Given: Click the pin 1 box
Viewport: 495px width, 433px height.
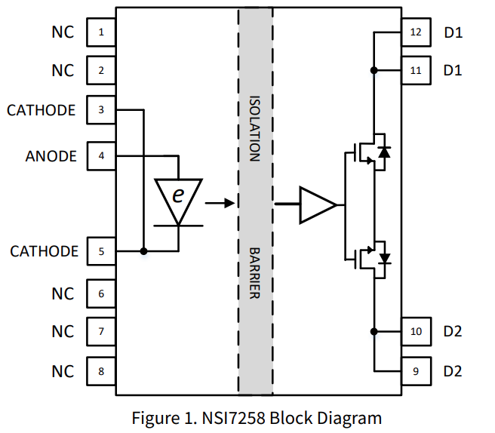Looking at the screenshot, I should click(x=101, y=32).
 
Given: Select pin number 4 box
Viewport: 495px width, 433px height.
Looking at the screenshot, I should click(x=101, y=156).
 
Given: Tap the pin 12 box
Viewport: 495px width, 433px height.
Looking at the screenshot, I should click(x=416, y=32).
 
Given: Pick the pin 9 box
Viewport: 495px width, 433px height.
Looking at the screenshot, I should click(x=416, y=371).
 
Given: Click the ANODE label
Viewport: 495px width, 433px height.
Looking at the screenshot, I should click(x=51, y=156).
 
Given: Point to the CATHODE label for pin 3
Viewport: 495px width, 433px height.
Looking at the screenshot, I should click(x=42, y=110).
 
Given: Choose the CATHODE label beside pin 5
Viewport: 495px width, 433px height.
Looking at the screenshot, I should click(x=44, y=251).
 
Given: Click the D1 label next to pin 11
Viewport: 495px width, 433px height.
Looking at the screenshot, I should click(x=453, y=70).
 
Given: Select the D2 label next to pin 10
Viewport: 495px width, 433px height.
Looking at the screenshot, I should click(x=453, y=331).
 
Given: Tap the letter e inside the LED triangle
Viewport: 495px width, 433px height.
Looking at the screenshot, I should click(x=178, y=195).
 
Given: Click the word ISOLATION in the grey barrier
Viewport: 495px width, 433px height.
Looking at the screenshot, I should click(x=254, y=128).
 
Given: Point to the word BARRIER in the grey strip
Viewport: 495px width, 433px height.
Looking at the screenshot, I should click(x=254, y=272).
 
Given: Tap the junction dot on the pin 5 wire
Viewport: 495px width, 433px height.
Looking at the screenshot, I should click(x=144, y=251).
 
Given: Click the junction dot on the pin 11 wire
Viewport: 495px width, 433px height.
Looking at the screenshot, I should click(x=374, y=70).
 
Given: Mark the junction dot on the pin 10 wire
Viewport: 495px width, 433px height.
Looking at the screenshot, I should click(x=374, y=331).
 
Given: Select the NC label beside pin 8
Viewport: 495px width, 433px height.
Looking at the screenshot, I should click(x=63, y=371).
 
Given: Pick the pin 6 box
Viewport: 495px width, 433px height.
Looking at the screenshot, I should click(x=101, y=293).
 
